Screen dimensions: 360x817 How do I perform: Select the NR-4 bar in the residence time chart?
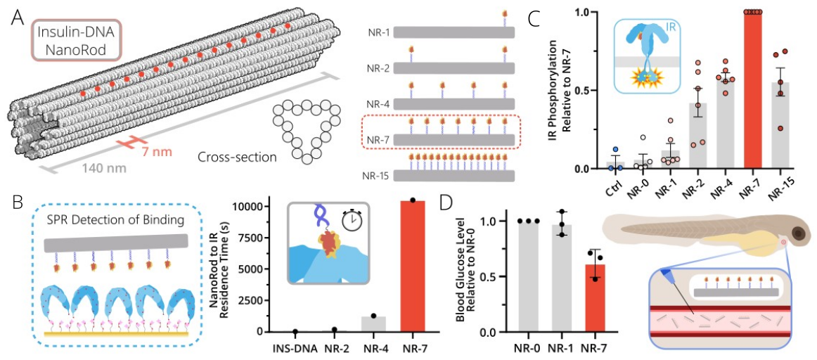click(x=374, y=324)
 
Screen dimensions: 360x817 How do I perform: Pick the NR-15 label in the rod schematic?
click(x=380, y=174)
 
